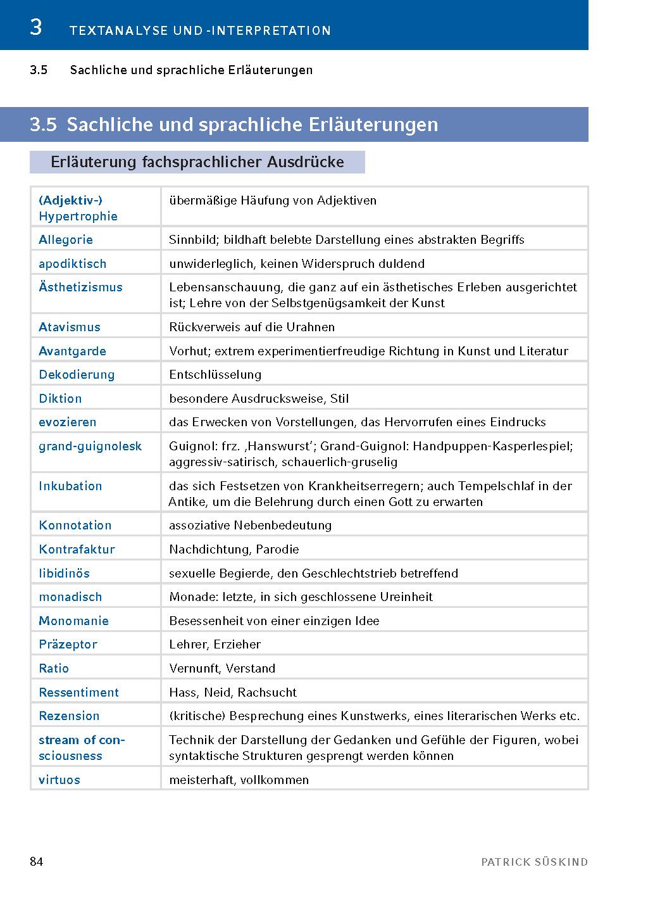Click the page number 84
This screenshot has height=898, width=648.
(36, 861)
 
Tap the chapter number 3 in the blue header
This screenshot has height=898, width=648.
(36, 28)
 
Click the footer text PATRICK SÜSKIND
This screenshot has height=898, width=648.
(534, 862)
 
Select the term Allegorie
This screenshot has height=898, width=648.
(66, 239)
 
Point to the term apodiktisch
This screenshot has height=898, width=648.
(72, 263)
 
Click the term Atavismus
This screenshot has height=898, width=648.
(70, 327)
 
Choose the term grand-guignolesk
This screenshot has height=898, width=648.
(90, 446)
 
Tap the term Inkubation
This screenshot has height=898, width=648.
(70, 486)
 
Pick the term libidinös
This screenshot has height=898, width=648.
(64, 573)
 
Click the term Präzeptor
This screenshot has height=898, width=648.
(68, 644)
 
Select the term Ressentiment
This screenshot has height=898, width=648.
(78, 692)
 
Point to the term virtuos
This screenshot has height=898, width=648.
(59, 780)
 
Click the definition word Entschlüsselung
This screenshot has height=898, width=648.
(215, 374)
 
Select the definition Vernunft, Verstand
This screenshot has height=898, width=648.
(222, 668)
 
